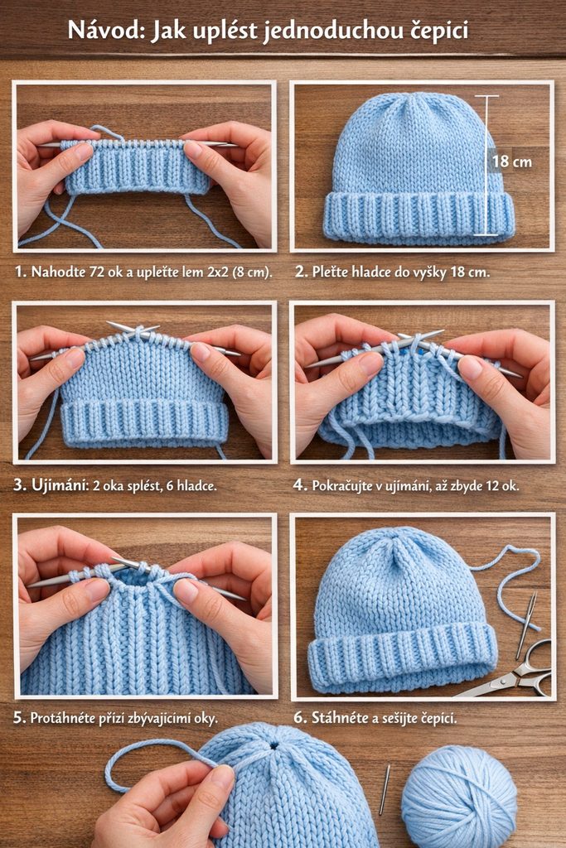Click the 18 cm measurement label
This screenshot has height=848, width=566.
coord(511,161)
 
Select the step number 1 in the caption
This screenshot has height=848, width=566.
coord(21,272)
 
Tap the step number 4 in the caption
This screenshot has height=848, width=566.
coord(300,485)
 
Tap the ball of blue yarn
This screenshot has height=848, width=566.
coord(459,797)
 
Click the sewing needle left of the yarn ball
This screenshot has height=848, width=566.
coord(385,789)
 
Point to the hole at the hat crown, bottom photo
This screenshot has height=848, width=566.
coord(274,745)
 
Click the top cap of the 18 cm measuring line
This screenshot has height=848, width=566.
coord(486,96)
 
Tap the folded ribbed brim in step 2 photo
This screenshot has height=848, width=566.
coord(418,215)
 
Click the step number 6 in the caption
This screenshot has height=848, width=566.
coord(300,718)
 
